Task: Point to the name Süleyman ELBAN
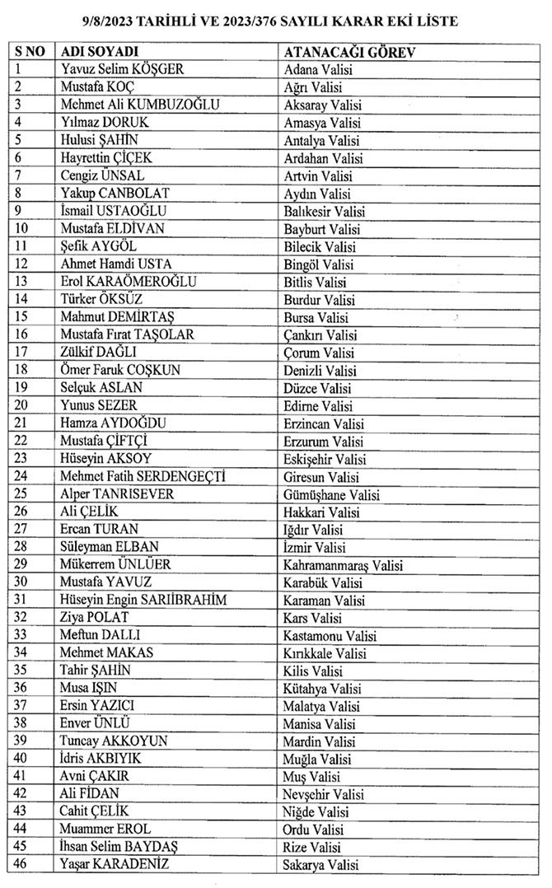(110, 547)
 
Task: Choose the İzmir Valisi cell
(314, 547)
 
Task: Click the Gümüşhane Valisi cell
(330, 494)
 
